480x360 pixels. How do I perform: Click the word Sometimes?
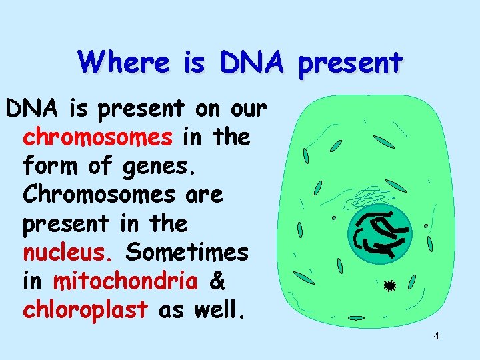click(x=187, y=253)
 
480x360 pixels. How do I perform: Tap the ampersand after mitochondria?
click(x=217, y=282)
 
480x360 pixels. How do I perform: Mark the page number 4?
click(x=436, y=335)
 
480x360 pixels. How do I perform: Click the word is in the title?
click(x=195, y=63)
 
